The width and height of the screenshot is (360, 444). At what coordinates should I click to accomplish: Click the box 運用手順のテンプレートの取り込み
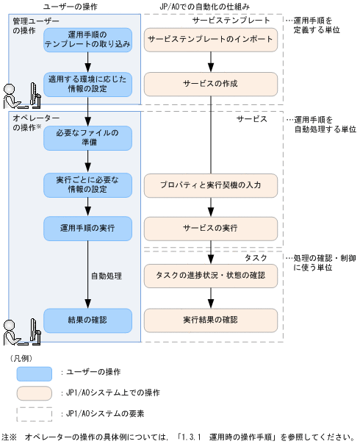point(87,39)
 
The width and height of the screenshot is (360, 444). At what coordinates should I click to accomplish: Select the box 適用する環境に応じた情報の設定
point(87,84)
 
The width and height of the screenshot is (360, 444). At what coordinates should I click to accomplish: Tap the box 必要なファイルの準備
point(87,137)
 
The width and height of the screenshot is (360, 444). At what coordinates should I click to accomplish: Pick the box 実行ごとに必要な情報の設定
point(87,184)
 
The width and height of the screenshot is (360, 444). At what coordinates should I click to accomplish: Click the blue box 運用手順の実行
point(87,228)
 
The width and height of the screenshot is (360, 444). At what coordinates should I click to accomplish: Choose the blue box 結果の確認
point(87,320)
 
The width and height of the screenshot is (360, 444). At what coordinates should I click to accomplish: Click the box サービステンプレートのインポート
point(210,39)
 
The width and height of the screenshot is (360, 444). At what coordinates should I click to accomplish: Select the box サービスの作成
point(210,84)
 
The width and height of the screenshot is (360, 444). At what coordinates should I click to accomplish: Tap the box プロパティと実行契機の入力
point(210,184)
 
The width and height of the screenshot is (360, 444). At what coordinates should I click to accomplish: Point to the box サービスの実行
point(210,228)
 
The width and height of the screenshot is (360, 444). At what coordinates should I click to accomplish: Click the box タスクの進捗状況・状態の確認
point(210,275)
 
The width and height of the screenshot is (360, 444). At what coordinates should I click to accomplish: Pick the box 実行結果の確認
point(210,320)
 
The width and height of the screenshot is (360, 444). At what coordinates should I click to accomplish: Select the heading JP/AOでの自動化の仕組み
point(206,7)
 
